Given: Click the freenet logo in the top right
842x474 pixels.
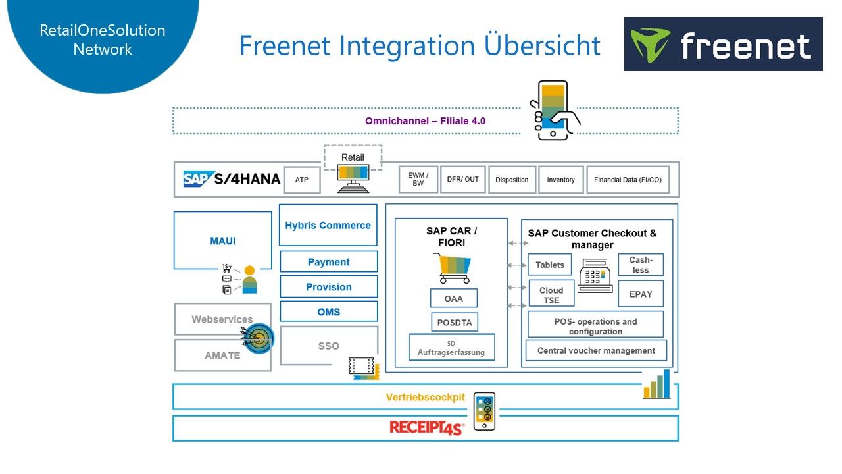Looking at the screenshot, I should tap(723, 44).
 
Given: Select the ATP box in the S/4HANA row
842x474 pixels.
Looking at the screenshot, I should tap(302, 180).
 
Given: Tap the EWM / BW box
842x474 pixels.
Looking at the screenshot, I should tap(418, 179).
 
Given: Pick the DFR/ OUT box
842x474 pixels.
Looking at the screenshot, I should tap(463, 179).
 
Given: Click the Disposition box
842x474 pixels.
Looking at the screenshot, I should tap(512, 180).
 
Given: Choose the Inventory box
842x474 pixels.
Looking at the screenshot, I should tap(560, 180).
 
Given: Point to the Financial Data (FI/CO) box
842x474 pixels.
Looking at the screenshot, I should tap(628, 180).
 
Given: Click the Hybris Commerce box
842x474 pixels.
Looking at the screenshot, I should tap(328, 225).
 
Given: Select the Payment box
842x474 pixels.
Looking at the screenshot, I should tap(328, 262).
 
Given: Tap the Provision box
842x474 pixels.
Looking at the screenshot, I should tap(328, 287).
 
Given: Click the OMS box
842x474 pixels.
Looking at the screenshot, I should tap(328, 311).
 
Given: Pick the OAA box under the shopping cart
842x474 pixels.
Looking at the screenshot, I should tap(453, 298).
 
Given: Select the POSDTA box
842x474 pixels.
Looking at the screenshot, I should tap(454, 322).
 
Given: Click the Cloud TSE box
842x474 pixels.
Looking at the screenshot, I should tap(551, 294).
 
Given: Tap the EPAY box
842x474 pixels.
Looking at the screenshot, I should tap(641, 294).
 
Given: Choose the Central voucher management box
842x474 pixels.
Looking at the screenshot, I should tap(596, 350).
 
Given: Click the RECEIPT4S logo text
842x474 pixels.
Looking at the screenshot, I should tap(426, 428).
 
